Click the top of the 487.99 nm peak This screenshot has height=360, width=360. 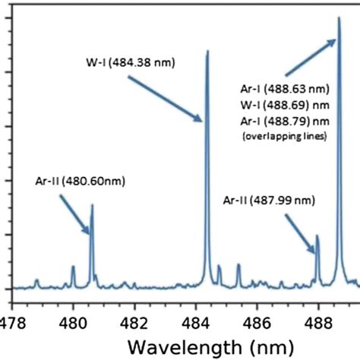[x=317, y=236]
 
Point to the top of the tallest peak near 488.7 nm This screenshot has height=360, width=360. [x=339, y=18]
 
